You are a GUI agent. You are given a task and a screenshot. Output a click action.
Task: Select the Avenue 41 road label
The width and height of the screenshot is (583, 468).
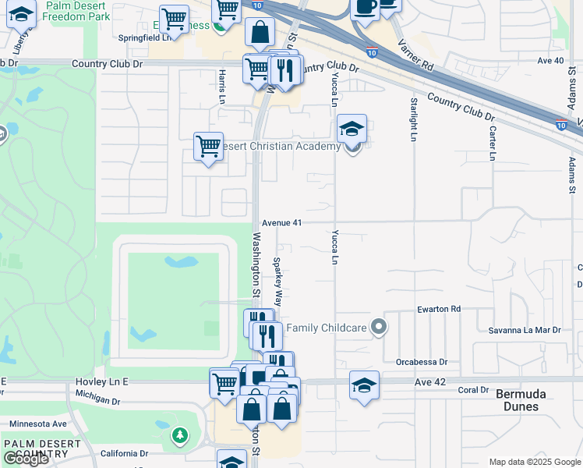click(x=281, y=222)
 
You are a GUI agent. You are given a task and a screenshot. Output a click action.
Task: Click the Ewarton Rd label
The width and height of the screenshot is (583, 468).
click(x=439, y=309)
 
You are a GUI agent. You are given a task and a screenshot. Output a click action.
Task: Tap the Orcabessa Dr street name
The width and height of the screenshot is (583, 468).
click(x=422, y=362)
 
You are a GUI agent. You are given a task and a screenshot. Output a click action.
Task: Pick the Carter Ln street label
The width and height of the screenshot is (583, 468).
click(x=492, y=143)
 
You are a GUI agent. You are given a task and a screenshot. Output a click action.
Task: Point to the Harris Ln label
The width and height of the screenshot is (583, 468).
click(x=222, y=87)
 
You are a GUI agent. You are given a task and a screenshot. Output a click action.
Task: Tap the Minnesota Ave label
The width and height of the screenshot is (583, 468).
click(x=38, y=424)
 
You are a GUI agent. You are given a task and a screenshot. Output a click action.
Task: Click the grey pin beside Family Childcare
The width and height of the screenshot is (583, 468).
click(x=378, y=327)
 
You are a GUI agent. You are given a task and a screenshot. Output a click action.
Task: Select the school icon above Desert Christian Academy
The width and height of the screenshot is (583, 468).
click(x=352, y=129)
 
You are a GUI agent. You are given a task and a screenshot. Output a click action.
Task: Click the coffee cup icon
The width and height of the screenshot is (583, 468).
click(x=365, y=6)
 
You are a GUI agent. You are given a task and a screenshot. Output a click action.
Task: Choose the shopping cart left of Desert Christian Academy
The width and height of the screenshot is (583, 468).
click(x=208, y=147)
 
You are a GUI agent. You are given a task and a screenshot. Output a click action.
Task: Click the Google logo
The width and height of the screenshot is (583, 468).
click(x=26, y=459)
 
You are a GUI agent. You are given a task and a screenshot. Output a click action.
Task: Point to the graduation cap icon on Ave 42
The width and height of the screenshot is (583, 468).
click(x=364, y=385)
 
